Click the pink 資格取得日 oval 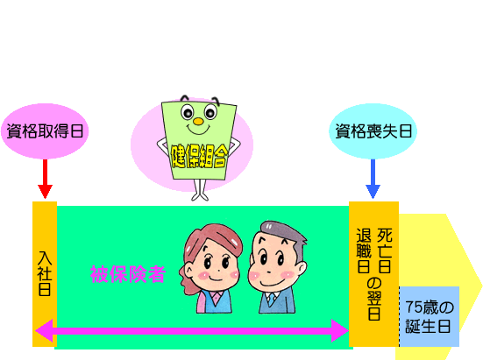pos(45,131)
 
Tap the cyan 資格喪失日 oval pos(373,131)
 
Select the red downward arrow pos(45,179)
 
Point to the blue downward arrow pos(373,179)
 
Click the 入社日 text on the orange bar pos(45,273)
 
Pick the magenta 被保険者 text pos(128,274)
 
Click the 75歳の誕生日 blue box pos(430,316)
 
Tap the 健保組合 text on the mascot pos(199,156)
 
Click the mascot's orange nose pos(198,122)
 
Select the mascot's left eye pos(187,112)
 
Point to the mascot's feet pos(200,196)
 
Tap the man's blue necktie pos(272,300)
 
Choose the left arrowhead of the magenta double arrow pos(44,331)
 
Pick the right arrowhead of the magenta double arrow pos(340,331)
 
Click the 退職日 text pos(364,251)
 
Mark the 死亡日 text pos(385,251)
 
